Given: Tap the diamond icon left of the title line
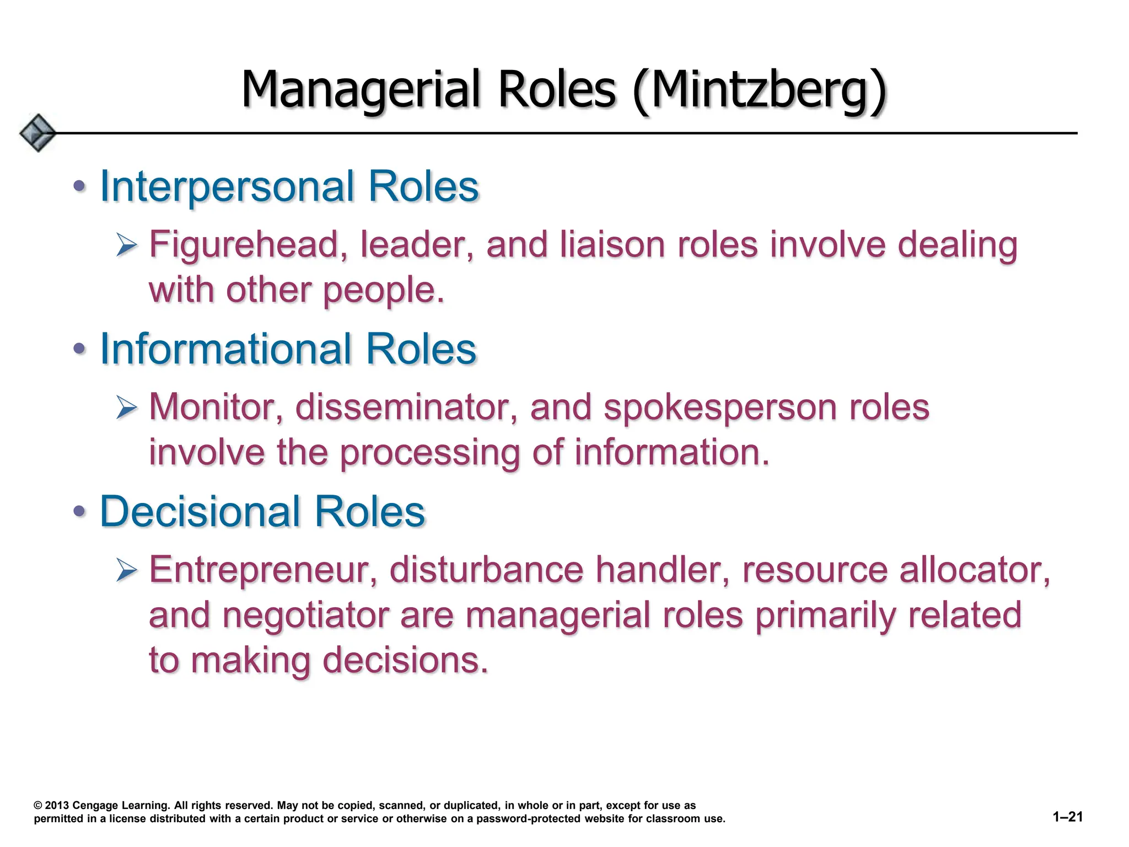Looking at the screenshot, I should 37,133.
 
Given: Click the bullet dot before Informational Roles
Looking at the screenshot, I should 79,349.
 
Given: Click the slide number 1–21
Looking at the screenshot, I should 1068,817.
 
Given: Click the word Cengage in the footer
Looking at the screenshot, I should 95,806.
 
